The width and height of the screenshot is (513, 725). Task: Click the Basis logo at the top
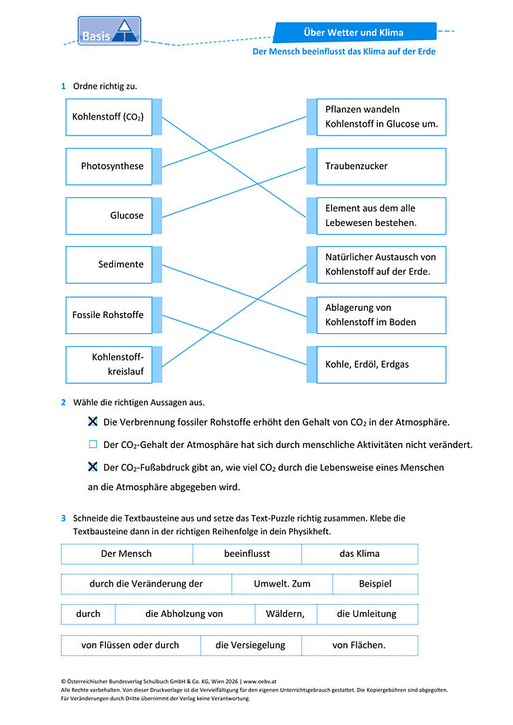109,30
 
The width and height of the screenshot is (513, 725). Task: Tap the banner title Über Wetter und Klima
353,32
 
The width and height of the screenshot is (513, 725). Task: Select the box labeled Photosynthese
109,167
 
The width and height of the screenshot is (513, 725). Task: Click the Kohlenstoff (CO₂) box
109,117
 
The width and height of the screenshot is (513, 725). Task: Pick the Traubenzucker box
382,167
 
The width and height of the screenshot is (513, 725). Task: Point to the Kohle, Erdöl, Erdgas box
382,365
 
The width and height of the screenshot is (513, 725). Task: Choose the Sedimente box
109,264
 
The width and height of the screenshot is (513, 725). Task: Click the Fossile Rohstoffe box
109,315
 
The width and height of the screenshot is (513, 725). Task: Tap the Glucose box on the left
109,216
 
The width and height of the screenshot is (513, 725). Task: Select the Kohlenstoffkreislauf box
109,365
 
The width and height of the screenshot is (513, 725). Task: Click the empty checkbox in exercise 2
93,445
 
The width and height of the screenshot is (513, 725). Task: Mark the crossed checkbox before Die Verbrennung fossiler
93,421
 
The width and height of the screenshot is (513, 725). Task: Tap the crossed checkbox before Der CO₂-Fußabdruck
93,466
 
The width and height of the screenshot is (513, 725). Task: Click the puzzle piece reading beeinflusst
247,554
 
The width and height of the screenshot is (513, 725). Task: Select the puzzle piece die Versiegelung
251,646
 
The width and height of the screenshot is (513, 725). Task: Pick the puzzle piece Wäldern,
285,614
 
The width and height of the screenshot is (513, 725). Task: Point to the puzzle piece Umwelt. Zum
281,584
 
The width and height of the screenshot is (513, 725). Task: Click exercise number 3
63,518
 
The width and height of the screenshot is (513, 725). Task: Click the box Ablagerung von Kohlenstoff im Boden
382,315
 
